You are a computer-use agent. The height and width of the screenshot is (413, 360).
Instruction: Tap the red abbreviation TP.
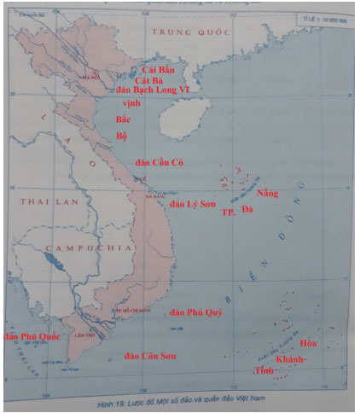coord(228,212)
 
